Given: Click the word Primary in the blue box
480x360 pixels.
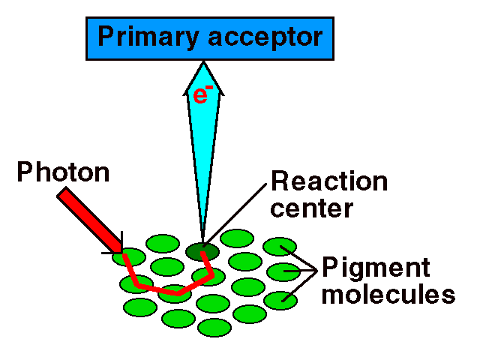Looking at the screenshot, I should tap(143, 37).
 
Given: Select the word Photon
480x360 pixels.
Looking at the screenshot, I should tap(64, 173).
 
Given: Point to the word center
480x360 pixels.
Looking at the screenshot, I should tap(310, 208).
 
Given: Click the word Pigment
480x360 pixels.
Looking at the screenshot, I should tap(376, 267).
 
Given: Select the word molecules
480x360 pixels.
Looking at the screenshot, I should tap(388, 294).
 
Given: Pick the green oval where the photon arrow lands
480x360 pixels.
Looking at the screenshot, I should tap(129, 258).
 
